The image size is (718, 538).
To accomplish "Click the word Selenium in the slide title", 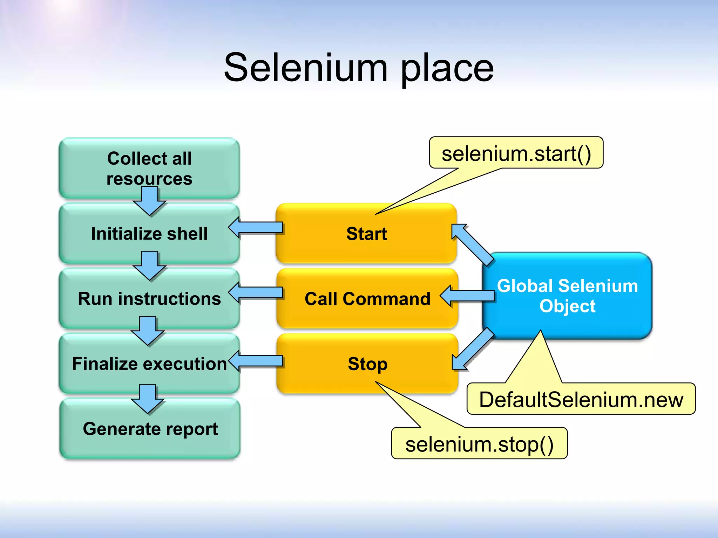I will tap(305, 67).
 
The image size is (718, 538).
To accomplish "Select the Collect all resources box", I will tap(149, 165).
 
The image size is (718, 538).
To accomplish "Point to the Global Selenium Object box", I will tap(567, 296).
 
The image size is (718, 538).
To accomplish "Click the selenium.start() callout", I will tap(516, 153).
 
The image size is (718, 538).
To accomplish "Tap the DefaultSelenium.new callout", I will tap(581, 399).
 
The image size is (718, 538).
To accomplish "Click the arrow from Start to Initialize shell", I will tap(256, 227).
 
